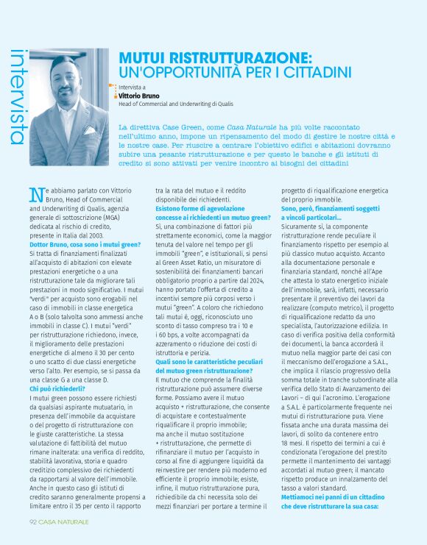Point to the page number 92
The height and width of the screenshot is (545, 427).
point(34,521)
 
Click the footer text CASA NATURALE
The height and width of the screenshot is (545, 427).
point(64,521)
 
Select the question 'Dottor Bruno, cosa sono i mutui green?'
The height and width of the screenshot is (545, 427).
point(85,243)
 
